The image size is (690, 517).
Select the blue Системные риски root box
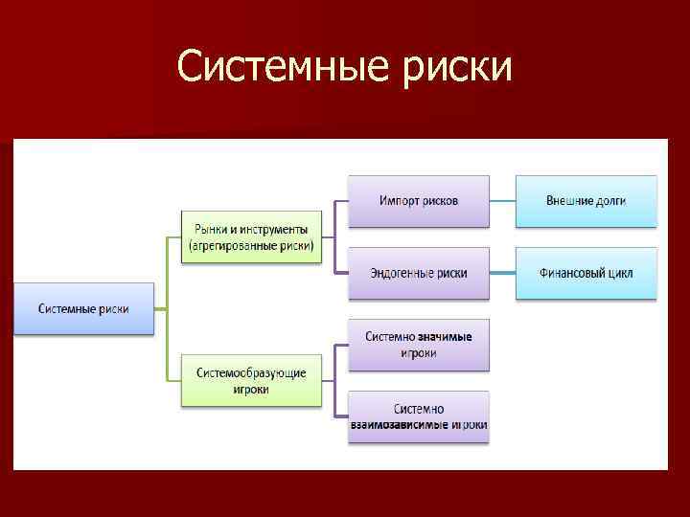point(83,308)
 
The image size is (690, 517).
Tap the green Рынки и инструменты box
point(251,236)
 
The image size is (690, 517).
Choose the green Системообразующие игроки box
point(251,380)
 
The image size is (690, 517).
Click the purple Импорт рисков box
point(418,201)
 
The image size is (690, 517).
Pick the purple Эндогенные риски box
point(418,273)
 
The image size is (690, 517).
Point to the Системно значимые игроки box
point(418,345)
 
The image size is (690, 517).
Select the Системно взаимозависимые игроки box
point(418,416)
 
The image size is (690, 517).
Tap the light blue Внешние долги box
point(586,201)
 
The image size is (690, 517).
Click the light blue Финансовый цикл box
point(586,273)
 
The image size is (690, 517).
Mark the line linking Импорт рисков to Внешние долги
point(502,201)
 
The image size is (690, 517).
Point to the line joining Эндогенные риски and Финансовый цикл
point(502,273)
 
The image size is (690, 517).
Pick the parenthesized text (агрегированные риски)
point(251,245)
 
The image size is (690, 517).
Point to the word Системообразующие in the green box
point(251,372)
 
